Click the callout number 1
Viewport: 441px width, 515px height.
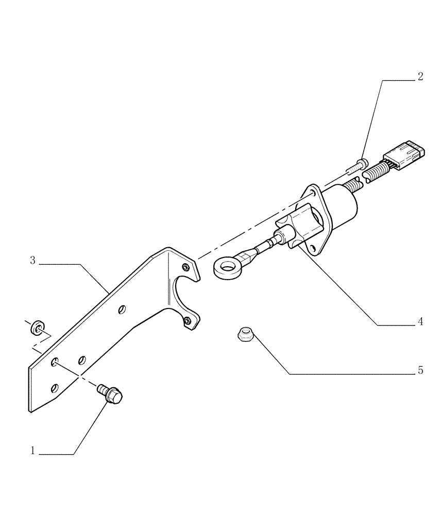(33, 451)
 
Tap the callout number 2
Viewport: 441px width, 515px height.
(420, 77)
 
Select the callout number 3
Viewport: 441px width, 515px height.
(32, 261)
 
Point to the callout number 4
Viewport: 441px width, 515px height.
(420, 322)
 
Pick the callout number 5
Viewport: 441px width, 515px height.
(420, 370)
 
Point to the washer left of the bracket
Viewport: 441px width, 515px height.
(38, 326)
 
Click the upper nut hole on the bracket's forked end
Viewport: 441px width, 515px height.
(185, 266)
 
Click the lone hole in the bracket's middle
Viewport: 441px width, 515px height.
(122, 309)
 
